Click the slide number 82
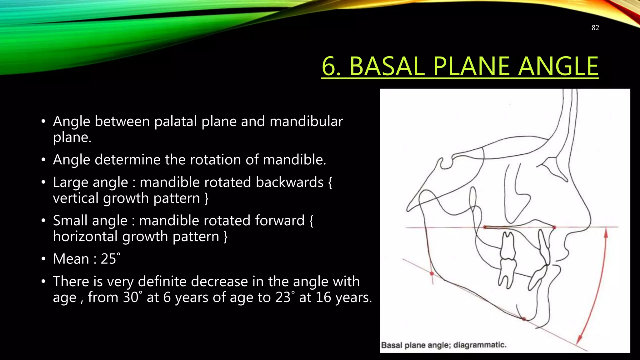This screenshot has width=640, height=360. pos(595,28)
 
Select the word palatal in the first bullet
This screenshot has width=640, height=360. pos(176,122)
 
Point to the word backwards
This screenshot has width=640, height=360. pos(289,182)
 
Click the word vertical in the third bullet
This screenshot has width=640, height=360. pos(75,198)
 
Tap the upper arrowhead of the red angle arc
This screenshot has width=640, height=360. pos(606,233)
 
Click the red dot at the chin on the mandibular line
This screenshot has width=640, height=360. pos(524,319)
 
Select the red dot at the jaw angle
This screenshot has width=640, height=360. pos(432,274)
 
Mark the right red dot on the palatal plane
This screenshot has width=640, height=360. pos(554,227)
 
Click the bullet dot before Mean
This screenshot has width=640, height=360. pos(43,259)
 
